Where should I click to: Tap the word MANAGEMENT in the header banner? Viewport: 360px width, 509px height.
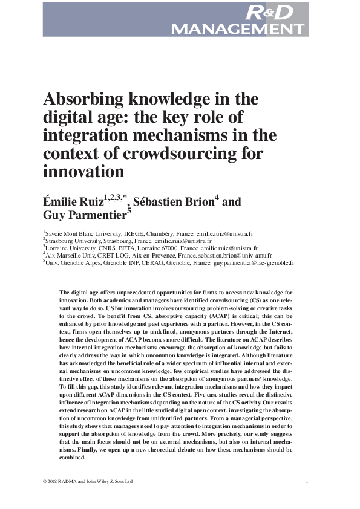238,28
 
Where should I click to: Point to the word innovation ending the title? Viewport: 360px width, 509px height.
83,171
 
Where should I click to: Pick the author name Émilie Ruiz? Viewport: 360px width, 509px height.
76,201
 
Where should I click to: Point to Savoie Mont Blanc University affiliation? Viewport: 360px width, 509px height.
82,233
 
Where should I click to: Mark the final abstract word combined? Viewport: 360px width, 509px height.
73,458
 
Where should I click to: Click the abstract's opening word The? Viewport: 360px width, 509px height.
65,293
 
